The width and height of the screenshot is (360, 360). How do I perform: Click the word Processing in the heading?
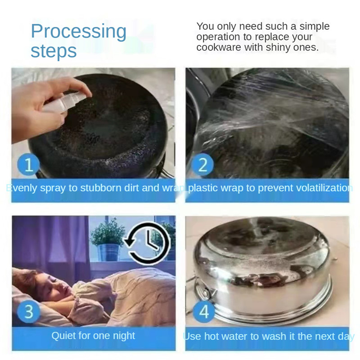[x=78, y=31]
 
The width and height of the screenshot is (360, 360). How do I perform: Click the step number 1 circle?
[x=29, y=165]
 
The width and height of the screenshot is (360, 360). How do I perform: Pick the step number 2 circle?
[x=202, y=165]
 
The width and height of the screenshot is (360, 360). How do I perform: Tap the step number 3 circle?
[x=29, y=312]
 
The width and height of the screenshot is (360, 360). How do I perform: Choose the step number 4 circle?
[x=204, y=311]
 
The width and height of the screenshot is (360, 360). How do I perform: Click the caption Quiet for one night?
[x=93, y=336]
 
